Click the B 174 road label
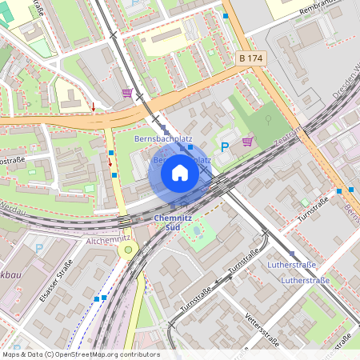pos(250,58)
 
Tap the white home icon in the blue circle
pos(180,172)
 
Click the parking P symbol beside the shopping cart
pos(225,146)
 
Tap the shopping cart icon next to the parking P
pos(247,142)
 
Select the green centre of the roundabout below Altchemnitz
pos(127,250)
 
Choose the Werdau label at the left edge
pos(12,210)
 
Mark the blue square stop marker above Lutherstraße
pos(292,253)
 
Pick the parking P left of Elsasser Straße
pos(38,249)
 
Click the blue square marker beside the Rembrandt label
pos(226,16)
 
